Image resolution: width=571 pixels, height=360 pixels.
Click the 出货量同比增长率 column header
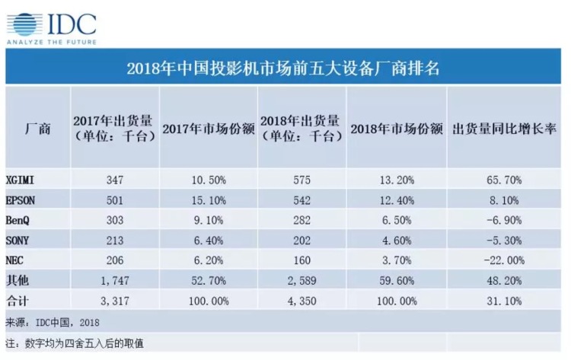[x=502, y=128]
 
